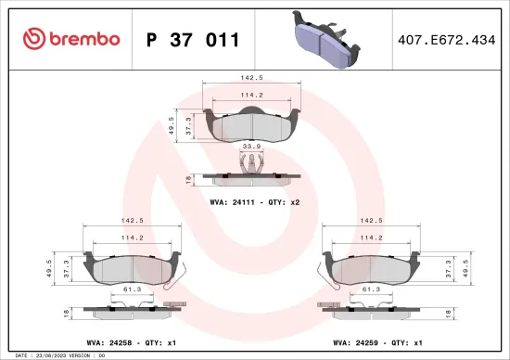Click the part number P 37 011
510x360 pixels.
pyautogui.click(x=194, y=39)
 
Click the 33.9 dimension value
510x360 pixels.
pyautogui.click(x=250, y=145)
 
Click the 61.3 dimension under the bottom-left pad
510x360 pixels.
pyautogui.click(x=131, y=289)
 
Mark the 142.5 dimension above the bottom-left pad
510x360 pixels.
pyautogui.click(x=133, y=221)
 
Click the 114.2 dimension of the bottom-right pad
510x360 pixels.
pyautogui.click(x=370, y=237)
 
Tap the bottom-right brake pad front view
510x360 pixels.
pyautogui.click(x=372, y=266)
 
